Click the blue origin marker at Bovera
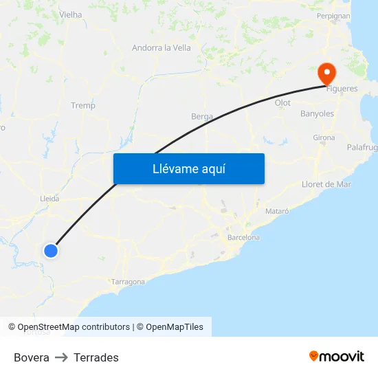pos(51,251)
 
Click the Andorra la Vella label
pos(162,48)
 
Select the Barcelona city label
pos(243,238)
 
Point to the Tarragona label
pos(128,282)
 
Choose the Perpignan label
pos(333,15)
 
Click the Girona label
pos(324,137)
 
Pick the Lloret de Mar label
pos(326,184)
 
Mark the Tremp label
pos(83,106)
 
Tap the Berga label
pos(202,116)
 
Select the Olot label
pos(282,103)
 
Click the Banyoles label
pos(317,114)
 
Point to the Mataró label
pos(277,210)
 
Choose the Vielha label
pos(71,14)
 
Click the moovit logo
pos(337,357)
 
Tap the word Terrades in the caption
pos(96,357)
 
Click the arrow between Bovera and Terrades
pos(61,357)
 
